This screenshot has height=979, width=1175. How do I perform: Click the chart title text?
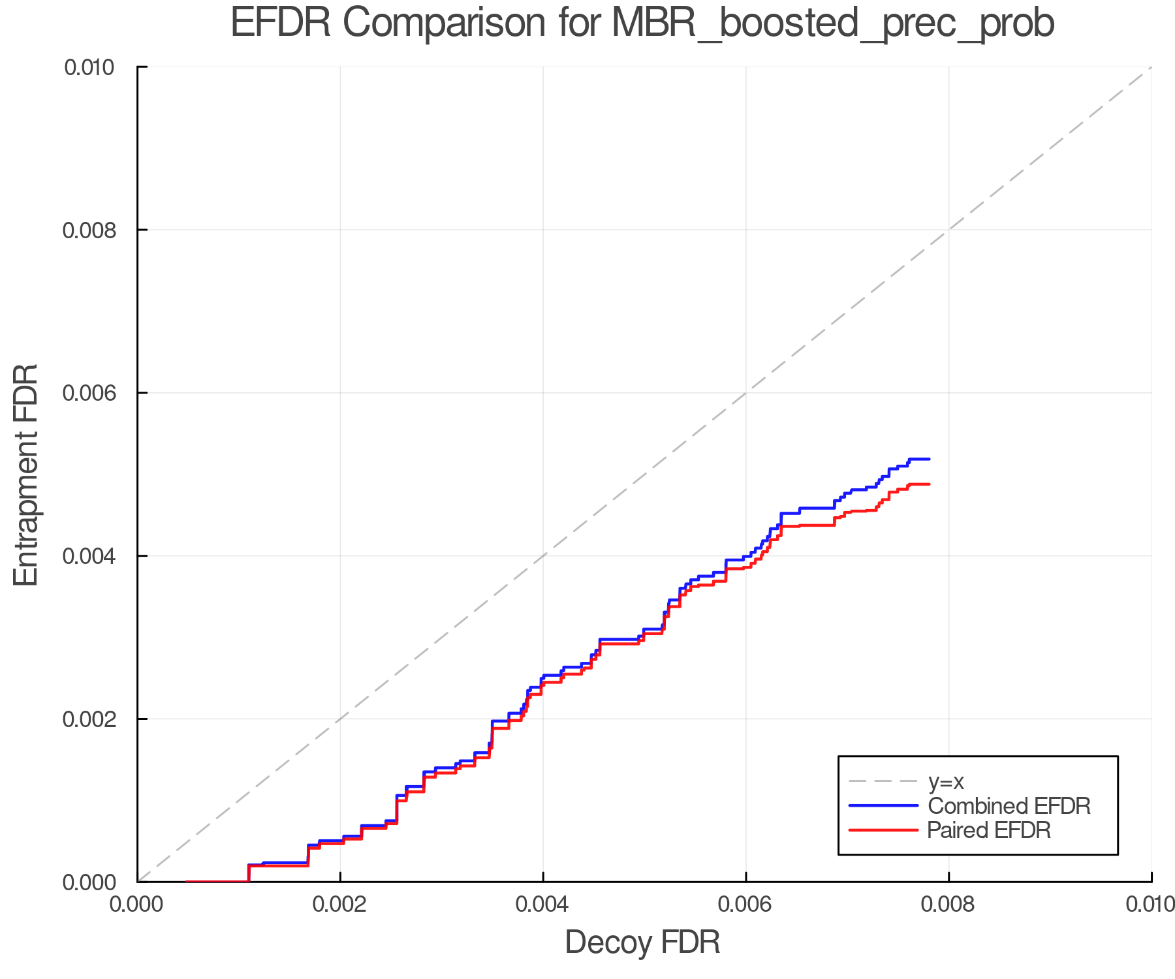(x=642, y=23)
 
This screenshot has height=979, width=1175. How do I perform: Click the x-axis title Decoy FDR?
(x=642, y=942)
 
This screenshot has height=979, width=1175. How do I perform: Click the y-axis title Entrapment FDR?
(x=26, y=474)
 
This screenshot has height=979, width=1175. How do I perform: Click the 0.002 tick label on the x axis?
(x=340, y=905)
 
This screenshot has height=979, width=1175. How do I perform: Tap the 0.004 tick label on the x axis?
(x=543, y=905)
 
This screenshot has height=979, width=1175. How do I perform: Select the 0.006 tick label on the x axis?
(x=745, y=905)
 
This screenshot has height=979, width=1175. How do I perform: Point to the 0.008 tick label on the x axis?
(x=948, y=905)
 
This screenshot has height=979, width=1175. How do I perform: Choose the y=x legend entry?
(x=945, y=781)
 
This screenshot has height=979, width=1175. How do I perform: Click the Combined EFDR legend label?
(x=1009, y=806)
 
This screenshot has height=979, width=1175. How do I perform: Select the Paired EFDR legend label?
(x=988, y=830)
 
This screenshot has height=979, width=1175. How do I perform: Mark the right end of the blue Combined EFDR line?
(x=929, y=459)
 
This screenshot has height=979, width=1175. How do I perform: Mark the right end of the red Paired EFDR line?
(x=929, y=484)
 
